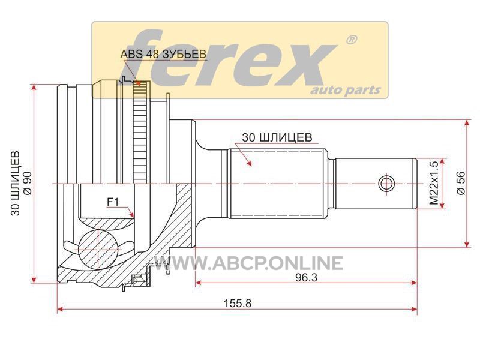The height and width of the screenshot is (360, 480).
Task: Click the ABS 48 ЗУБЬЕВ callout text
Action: point(163,54)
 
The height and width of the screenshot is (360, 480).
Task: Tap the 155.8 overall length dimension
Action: point(238,303)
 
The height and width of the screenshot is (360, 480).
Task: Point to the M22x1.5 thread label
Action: point(434,184)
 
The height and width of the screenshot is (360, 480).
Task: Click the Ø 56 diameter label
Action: point(461,183)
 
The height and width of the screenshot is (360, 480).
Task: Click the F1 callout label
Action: point(113,202)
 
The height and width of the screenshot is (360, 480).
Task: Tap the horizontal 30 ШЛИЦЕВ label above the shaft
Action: point(277,137)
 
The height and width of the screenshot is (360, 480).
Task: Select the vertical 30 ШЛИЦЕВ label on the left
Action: point(16,183)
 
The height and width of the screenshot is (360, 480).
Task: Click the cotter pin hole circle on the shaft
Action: point(386,184)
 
